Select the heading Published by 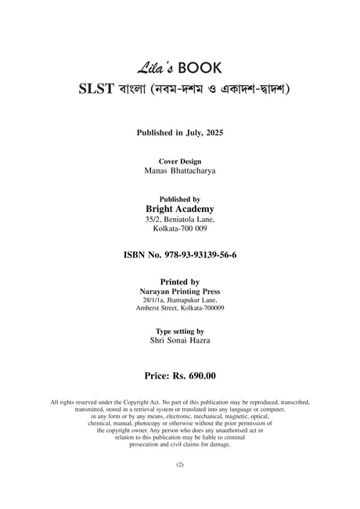pyautogui.click(x=180, y=199)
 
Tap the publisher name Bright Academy pyautogui.click(x=180, y=210)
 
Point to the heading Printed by pyautogui.click(x=180, y=281)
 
